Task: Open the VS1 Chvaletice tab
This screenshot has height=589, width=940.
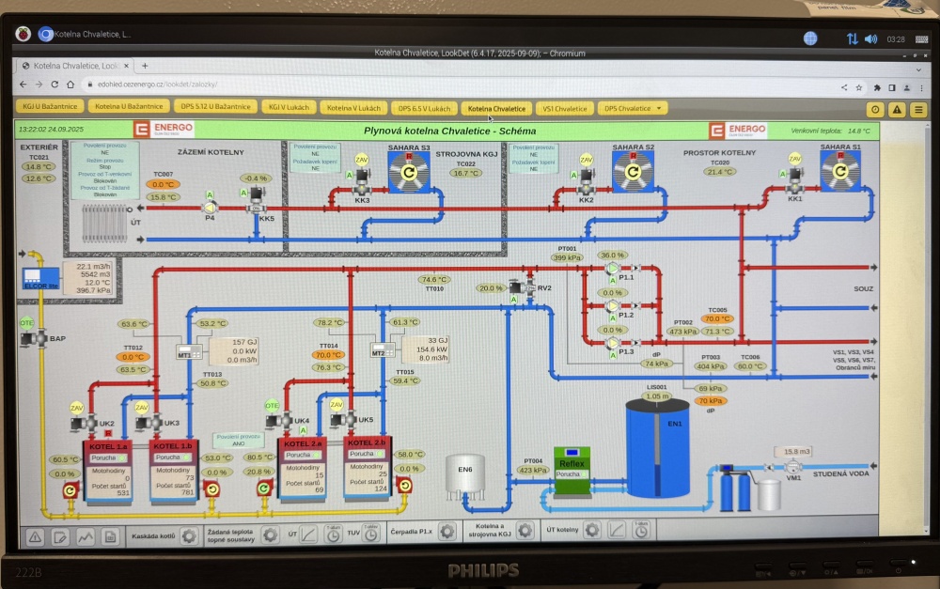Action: (x=565, y=108)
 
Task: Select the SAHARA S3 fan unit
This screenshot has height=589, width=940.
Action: (x=409, y=171)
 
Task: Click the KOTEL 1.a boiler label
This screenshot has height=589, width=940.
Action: (x=109, y=446)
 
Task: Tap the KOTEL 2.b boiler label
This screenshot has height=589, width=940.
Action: (x=368, y=442)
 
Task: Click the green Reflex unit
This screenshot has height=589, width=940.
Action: (x=572, y=462)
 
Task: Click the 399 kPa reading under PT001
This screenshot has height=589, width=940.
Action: (x=567, y=257)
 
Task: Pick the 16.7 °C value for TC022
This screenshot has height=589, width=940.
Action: (x=466, y=173)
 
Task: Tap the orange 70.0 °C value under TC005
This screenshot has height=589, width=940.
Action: (x=717, y=318)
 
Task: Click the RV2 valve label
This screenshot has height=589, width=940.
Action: (x=544, y=287)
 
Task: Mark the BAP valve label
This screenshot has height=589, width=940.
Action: (x=57, y=338)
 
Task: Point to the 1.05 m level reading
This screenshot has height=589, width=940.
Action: (x=657, y=396)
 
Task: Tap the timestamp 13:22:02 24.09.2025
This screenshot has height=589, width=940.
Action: (x=52, y=129)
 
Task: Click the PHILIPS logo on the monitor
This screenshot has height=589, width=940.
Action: (x=482, y=569)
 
